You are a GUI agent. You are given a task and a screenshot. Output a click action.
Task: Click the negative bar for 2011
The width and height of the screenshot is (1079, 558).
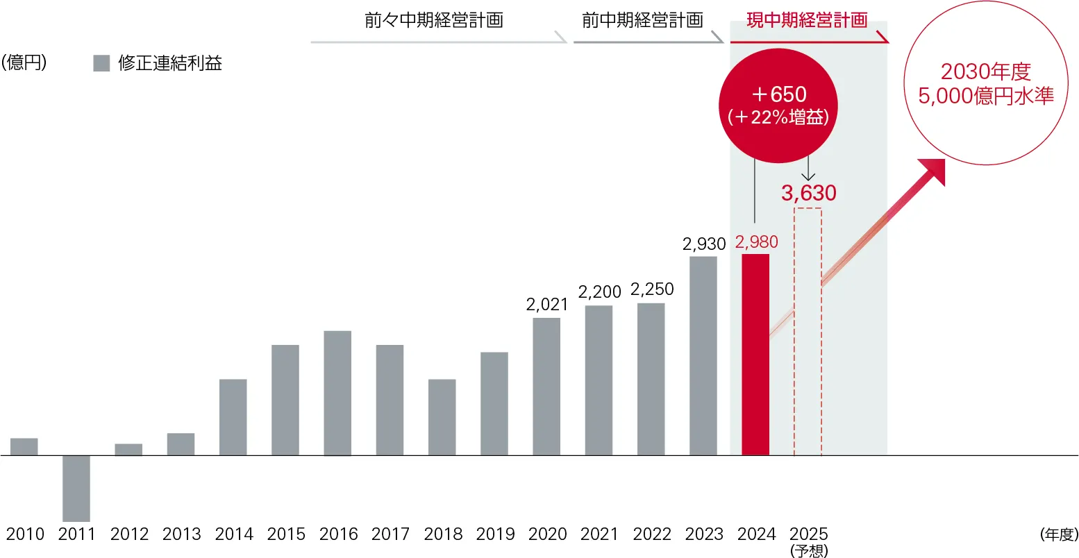(x=76, y=488)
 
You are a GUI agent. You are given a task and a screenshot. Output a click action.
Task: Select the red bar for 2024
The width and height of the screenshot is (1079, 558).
(x=755, y=354)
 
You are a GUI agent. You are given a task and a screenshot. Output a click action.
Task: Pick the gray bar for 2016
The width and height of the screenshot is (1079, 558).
(x=337, y=393)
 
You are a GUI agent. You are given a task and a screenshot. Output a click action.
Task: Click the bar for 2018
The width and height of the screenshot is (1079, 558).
(x=442, y=417)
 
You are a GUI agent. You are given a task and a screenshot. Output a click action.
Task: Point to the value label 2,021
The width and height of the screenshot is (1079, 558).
(x=547, y=305)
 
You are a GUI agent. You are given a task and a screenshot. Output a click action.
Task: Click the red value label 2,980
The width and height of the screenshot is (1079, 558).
(x=756, y=242)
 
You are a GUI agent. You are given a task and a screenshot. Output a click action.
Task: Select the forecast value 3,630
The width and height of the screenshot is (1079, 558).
(x=809, y=193)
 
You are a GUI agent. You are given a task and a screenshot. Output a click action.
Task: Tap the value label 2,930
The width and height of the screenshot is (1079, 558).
(x=704, y=244)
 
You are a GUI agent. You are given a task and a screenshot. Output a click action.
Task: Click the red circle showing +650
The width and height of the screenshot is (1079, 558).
(x=778, y=105)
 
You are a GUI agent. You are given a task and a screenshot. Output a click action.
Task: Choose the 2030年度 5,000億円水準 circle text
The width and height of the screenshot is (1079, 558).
(x=986, y=83)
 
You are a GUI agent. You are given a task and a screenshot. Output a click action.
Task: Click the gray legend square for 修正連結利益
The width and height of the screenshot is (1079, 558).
(x=101, y=64)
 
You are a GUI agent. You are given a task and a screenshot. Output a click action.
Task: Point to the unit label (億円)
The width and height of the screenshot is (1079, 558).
(x=24, y=63)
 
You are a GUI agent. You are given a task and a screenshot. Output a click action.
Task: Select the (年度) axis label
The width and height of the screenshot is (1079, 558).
(x=1059, y=534)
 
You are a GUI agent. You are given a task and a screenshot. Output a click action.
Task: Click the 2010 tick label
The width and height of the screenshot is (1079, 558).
(x=25, y=534)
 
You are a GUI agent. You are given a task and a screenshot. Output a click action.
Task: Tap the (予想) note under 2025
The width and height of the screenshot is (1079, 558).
(x=809, y=551)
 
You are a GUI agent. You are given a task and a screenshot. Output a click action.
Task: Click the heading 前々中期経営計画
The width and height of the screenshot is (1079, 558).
(x=434, y=20)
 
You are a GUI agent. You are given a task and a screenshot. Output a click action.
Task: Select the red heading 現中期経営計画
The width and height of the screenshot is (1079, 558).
(x=807, y=20)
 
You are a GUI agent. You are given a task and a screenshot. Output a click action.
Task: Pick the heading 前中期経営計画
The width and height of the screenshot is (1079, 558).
(x=642, y=20)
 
